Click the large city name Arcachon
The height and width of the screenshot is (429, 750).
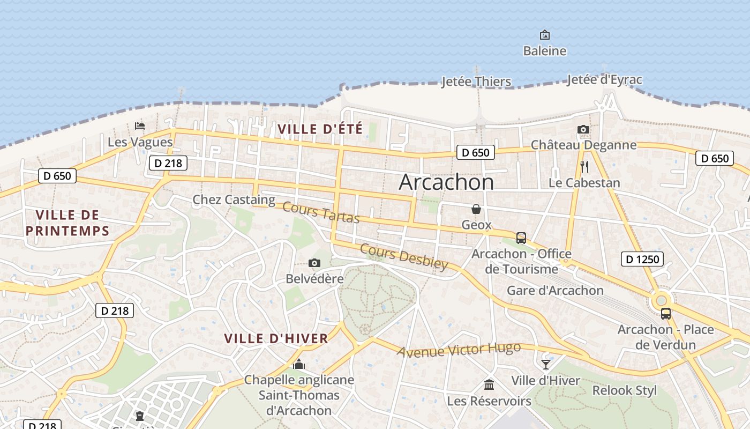coord(446,182)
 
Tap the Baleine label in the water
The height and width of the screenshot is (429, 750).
coord(545,51)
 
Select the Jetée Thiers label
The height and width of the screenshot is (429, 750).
coord(476,82)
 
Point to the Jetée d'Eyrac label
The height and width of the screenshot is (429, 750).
coord(604,80)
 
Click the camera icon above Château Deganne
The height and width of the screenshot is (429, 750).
coord(583,129)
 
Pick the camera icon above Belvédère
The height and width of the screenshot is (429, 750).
coord(314,263)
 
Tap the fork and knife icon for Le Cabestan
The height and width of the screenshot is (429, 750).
coord(584,167)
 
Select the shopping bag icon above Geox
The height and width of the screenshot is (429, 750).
coord(476,209)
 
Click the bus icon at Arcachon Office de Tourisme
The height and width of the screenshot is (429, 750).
coord(521,238)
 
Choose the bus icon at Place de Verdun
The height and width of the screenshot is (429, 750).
coord(666,314)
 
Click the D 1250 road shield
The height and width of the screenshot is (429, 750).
coord(642,260)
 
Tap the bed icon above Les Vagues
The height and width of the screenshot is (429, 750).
coord(140,126)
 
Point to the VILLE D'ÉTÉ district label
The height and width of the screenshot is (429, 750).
coord(320,129)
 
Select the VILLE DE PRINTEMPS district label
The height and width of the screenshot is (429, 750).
coord(67,223)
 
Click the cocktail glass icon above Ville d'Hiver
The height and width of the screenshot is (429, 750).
coord(546,365)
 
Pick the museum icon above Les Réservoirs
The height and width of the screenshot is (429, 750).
coord(489,384)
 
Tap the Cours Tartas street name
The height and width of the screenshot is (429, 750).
coord(321,212)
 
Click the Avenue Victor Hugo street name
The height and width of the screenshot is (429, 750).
coord(459,350)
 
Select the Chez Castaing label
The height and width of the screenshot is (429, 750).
coord(234,200)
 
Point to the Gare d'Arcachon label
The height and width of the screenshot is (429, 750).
coord(555,291)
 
